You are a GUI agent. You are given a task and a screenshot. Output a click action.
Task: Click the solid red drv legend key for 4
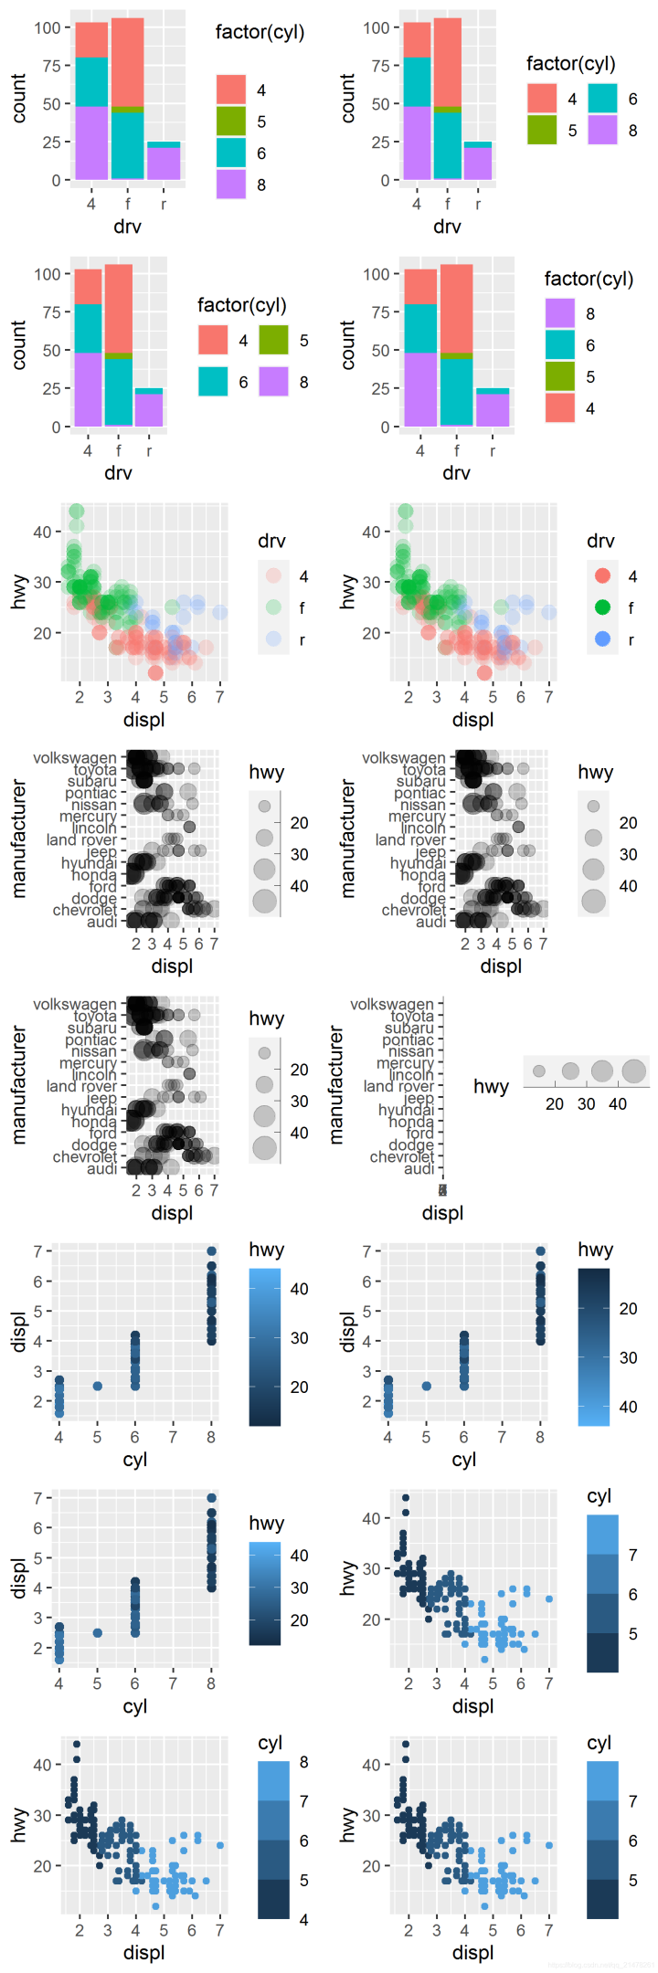point(602,575)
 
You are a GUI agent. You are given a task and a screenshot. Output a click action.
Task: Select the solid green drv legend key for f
point(602,607)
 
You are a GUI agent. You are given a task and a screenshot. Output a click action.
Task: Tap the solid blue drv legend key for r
point(602,638)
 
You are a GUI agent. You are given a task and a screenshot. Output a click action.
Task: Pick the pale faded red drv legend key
point(273,575)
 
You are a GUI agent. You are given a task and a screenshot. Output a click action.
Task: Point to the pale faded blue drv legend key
point(273,638)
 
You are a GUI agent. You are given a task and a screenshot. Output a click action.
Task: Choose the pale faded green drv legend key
point(273,607)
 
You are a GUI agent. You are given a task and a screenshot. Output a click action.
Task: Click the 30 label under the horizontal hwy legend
point(586,1103)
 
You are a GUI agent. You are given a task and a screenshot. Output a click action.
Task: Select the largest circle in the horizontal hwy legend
point(633,1071)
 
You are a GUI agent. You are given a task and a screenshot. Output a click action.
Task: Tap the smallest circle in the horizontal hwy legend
point(539,1071)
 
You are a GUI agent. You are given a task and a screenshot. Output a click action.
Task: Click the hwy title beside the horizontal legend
point(491,1086)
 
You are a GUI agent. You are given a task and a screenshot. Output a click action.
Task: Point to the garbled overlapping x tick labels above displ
point(442,1189)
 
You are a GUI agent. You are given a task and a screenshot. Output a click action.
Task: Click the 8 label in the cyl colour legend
point(303,1762)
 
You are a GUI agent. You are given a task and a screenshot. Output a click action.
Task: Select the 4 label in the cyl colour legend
point(303,1919)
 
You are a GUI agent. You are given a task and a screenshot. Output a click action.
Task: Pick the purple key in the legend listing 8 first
point(560,313)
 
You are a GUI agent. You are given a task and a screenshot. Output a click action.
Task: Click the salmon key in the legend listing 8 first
point(560,407)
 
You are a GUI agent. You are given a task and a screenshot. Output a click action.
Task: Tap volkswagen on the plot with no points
point(392,1004)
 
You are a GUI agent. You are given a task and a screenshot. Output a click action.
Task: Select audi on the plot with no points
point(419,1168)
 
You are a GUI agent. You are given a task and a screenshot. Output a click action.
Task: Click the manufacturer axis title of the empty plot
point(336,1085)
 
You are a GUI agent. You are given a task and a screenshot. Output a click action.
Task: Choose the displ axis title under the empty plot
point(442,1213)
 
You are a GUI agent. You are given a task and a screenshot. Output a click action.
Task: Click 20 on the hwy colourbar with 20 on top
point(628,1308)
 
